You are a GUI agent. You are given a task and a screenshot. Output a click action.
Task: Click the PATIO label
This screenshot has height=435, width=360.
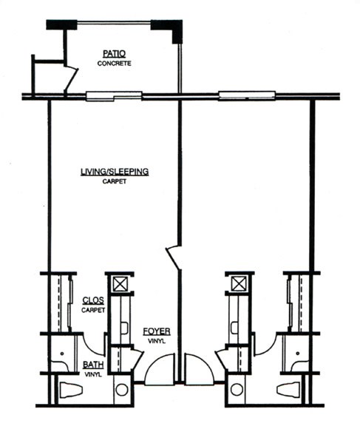tap(114, 53)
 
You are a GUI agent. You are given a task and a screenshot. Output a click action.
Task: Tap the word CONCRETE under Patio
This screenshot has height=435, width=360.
tap(114, 64)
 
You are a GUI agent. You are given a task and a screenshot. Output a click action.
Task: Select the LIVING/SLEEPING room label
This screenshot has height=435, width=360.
tap(115, 172)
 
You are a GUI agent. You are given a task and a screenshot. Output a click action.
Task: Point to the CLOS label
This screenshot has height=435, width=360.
tap(93, 300)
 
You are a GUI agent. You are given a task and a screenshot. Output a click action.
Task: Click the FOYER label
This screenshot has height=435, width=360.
tap(157, 331)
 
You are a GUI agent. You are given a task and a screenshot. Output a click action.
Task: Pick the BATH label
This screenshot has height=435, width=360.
tap(93, 365)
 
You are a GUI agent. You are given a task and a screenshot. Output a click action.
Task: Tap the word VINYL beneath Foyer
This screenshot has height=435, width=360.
tap(157, 341)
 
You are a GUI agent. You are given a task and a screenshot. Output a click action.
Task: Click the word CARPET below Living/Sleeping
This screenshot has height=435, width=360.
tap(115, 181)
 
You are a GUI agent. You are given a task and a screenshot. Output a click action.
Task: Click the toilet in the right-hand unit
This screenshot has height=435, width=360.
tap(288, 389)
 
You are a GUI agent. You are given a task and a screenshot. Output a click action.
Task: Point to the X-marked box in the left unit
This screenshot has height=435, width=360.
tap(120, 284)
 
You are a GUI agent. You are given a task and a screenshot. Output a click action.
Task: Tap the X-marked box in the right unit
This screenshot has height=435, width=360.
tap(239, 284)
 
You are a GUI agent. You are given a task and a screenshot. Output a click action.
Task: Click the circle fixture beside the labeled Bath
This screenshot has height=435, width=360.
tap(122, 389)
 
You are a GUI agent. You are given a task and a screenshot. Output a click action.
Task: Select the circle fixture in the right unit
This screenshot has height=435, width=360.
tap(237, 389)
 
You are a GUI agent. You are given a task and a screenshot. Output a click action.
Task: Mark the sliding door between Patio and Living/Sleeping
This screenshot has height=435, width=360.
tap(114, 96)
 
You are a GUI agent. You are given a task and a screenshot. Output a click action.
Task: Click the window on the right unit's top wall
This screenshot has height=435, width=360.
tap(247, 95)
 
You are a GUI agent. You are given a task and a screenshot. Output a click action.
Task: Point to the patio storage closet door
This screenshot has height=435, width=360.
tap(71, 80)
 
